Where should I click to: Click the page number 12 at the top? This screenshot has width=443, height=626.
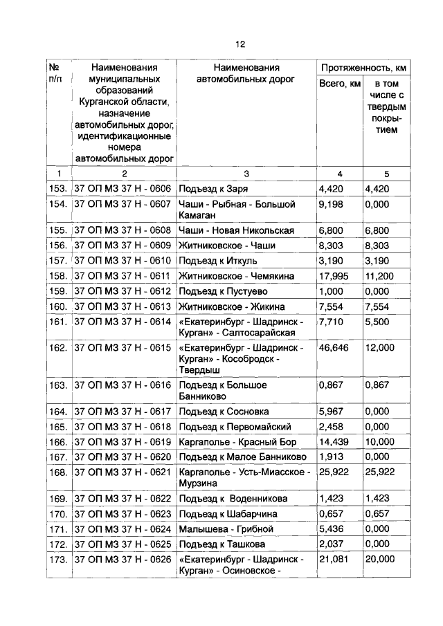tap(239, 44)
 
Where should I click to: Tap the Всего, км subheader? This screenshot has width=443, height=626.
tap(340, 84)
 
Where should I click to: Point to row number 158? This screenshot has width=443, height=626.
tap(57, 275)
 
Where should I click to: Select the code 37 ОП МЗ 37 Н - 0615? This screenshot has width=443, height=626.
tap(122, 349)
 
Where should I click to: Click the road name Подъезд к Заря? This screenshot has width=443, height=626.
tap(213, 188)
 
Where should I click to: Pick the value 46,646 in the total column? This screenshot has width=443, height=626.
tap(333, 349)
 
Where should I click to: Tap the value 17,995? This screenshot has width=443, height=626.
tap(333, 275)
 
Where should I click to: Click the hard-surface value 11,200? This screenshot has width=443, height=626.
tap(381, 275)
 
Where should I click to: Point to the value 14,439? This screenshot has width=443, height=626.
tap(333, 441)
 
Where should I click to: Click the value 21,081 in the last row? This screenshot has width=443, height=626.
tap(333, 559)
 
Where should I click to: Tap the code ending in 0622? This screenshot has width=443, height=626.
tap(122, 498)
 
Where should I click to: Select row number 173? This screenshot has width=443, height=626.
tap(57, 559)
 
